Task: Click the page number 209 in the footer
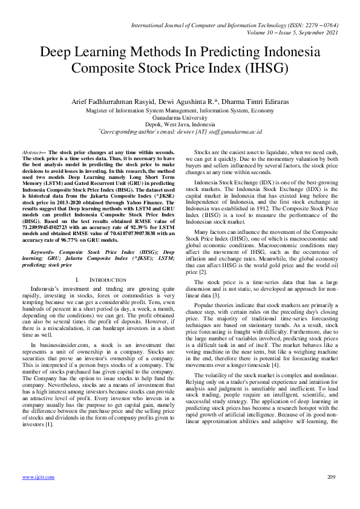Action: (x=330, y=477)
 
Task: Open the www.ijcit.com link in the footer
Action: (x=38, y=477)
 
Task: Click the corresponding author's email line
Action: (x=179, y=131)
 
